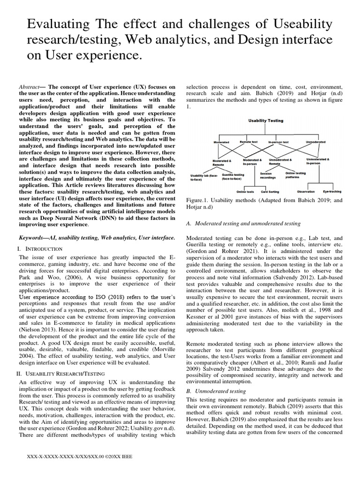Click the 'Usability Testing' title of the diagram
265,120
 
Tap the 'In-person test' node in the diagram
278,142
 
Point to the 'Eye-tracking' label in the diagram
332,191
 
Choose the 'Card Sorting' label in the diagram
270,192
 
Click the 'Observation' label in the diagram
306,191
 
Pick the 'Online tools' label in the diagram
245,192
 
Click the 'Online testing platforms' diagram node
295,175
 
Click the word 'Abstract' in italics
29,87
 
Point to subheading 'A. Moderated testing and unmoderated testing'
243,223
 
